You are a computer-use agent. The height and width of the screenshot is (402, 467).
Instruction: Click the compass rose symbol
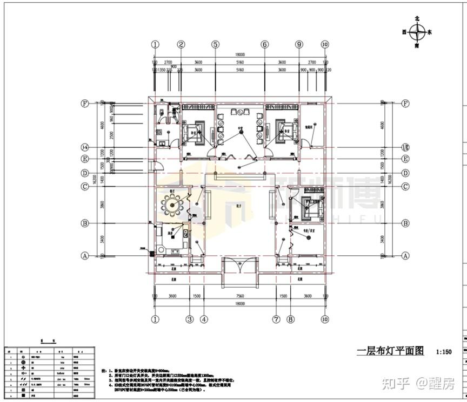(417, 32)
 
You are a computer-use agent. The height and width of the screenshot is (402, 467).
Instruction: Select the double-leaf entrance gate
(239, 266)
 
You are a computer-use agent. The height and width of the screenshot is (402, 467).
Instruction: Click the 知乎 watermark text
(395, 384)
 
